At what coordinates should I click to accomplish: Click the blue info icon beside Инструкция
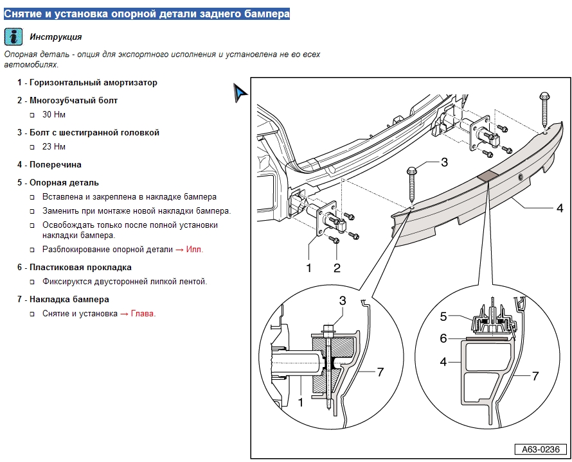(x=13, y=37)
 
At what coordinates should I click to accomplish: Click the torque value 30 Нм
(x=54, y=115)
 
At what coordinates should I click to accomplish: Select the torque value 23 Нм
(x=54, y=147)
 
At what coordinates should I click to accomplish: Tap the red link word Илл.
(x=194, y=250)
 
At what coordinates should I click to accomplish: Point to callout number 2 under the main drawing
(x=336, y=268)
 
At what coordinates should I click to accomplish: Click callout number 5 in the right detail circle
(x=443, y=316)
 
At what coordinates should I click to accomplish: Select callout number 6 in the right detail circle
(x=443, y=338)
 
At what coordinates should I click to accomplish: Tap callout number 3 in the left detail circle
(x=343, y=300)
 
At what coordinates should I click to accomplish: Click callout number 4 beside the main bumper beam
(x=560, y=208)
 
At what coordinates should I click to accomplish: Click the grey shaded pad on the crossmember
(x=487, y=175)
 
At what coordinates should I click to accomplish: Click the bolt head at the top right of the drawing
(x=544, y=98)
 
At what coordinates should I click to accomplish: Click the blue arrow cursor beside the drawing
(x=240, y=93)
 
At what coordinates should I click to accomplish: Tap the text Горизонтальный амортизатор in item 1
(x=93, y=83)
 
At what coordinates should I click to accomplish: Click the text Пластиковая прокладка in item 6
(x=80, y=268)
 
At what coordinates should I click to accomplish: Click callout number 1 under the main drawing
(x=308, y=268)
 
